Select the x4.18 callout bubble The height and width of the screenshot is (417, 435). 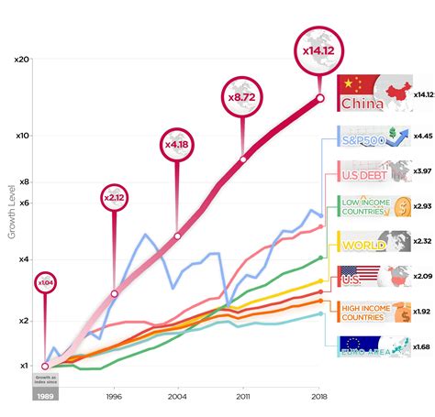click(176, 144)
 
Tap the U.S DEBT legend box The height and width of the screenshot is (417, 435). click(373, 171)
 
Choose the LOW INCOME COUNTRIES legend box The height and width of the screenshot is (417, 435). click(373, 208)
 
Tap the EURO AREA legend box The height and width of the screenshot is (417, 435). click(373, 347)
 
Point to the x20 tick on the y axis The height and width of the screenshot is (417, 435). click(22, 59)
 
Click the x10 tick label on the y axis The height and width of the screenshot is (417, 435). click(22, 135)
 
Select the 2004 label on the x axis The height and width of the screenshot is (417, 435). click(177, 399)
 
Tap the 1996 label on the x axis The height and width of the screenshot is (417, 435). click(114, 399)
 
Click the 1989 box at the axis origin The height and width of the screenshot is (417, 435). click(44, 396)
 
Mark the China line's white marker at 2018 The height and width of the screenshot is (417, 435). click(319, 98)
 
